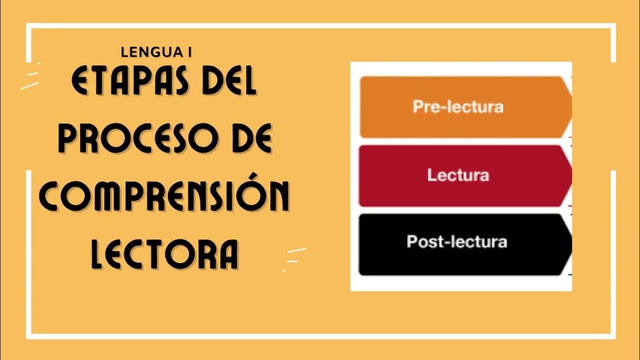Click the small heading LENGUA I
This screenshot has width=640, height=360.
click(x=156, y=51)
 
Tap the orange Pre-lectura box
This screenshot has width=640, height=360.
click(x=465, y=107)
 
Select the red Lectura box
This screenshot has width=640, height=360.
click(x=465, y=175)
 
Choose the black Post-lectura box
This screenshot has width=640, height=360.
click(x=465, y=244)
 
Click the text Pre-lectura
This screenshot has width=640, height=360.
click(x=458, y=107)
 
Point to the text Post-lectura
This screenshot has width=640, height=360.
click(x=457, y=242)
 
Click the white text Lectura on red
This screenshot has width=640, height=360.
click(x=458, y=175)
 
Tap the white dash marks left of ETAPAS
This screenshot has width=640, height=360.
click(x=31, y=80)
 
